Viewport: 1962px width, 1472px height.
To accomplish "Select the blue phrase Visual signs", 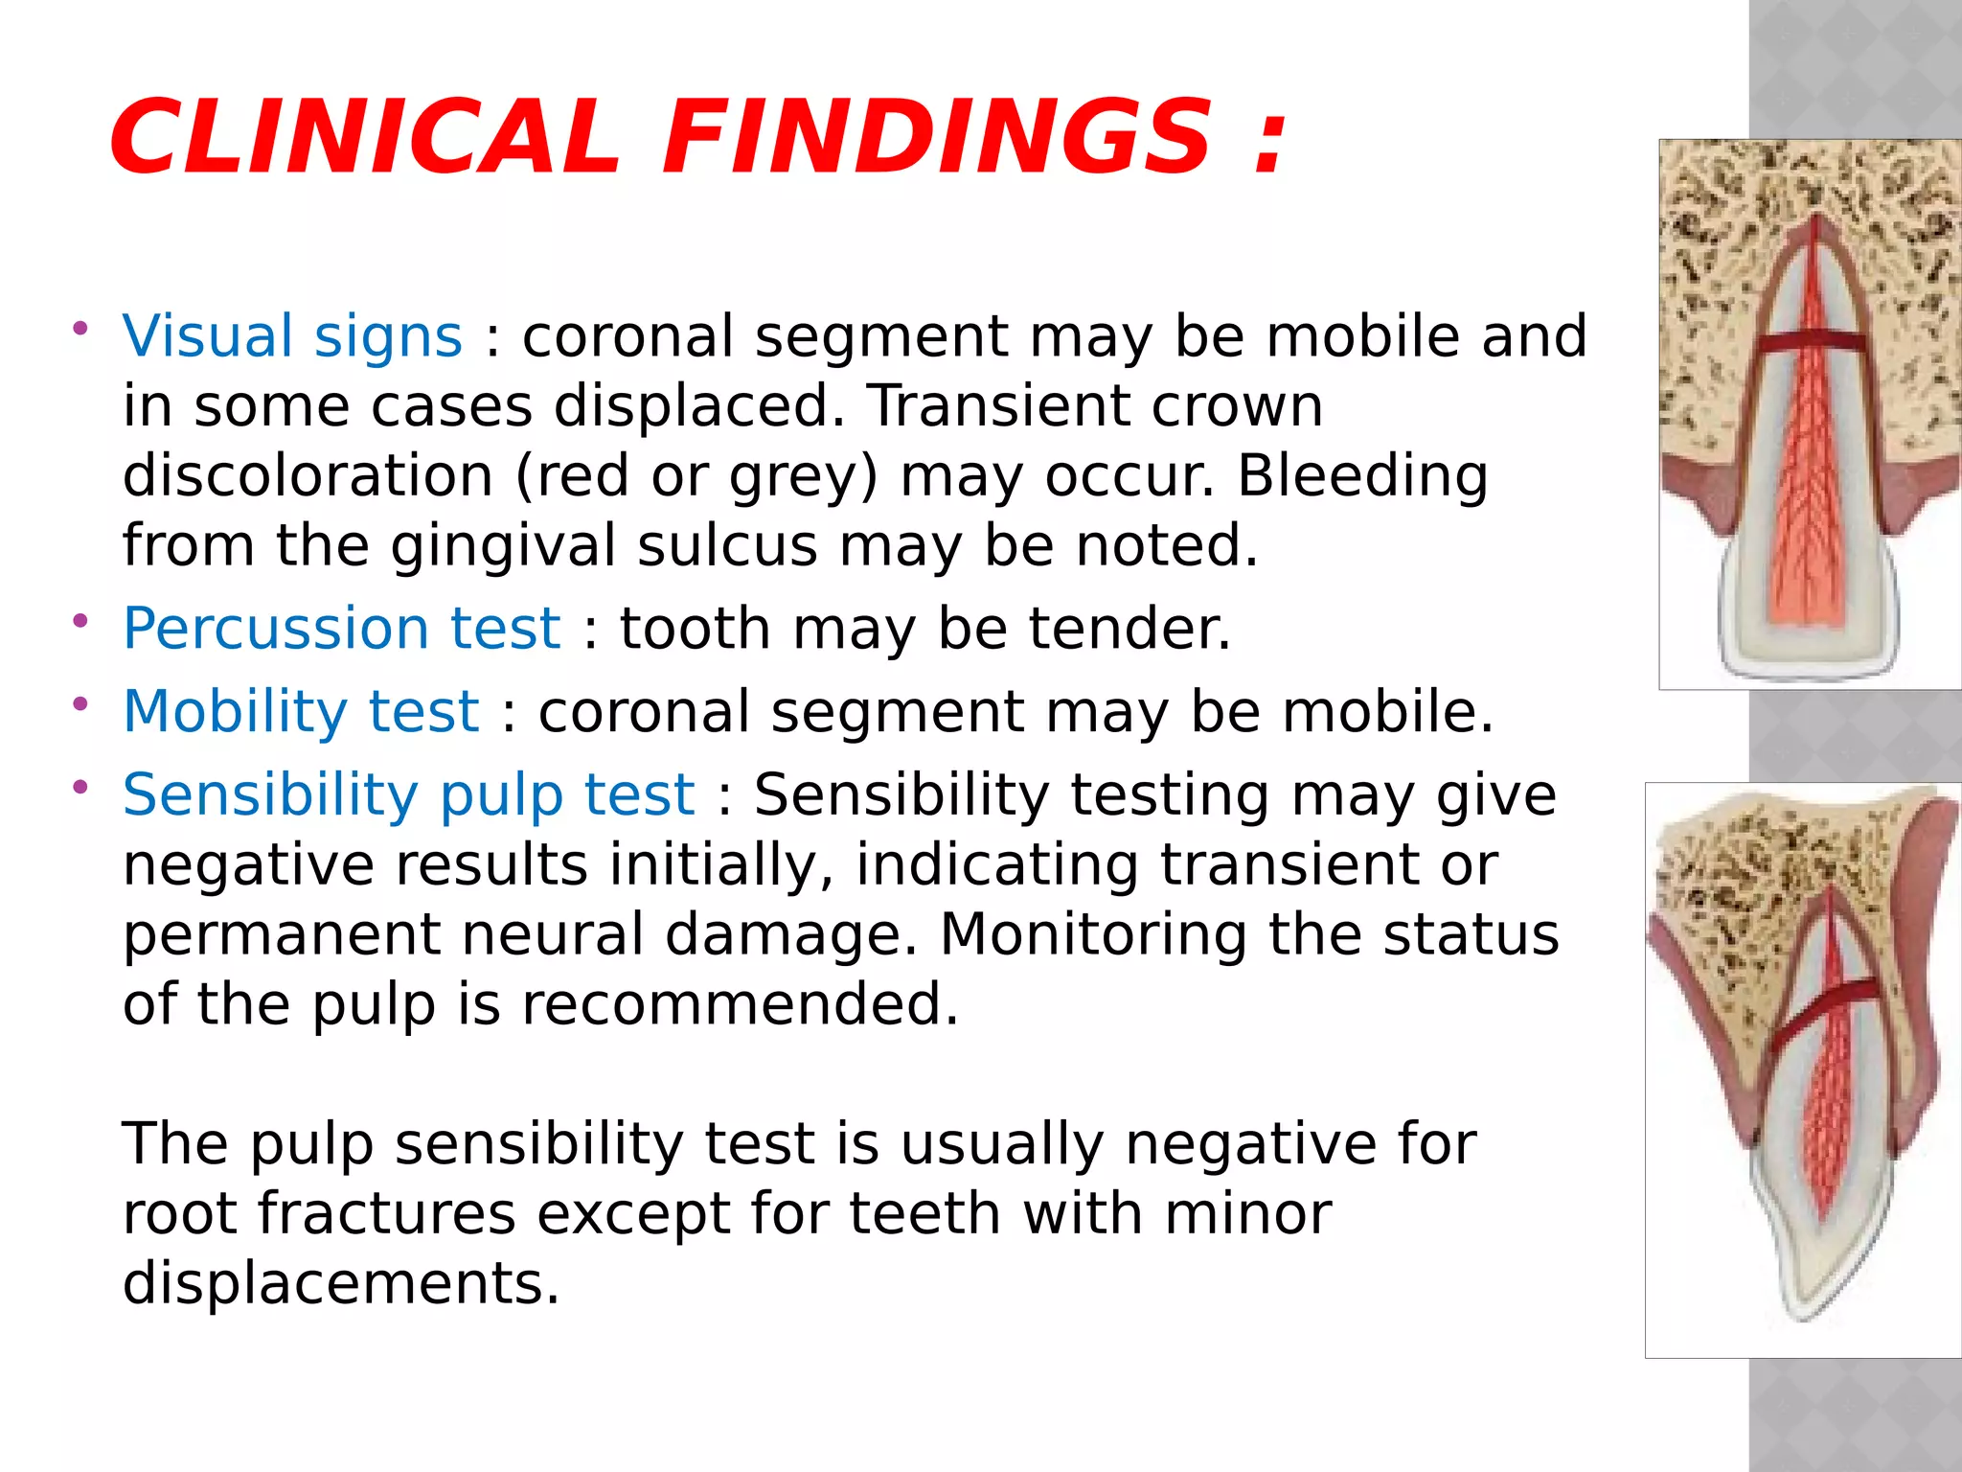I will (292, 336).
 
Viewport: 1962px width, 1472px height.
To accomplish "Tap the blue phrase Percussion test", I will (341, 629).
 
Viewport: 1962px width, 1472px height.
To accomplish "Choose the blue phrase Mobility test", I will (301, 711).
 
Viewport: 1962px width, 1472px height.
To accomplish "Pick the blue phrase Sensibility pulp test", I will (408, 794).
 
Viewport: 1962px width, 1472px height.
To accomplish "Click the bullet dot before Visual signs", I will (80, 329).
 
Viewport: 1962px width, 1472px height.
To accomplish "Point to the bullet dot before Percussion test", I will (80, 621).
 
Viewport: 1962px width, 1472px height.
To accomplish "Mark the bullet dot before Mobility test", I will (80, 704).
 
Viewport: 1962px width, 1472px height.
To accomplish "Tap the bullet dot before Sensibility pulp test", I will (80, 787).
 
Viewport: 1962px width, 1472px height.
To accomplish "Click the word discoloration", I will (308, 475).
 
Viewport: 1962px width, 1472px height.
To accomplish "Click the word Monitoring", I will (1093, 934).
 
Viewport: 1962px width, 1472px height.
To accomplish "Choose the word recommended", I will (739, 1004).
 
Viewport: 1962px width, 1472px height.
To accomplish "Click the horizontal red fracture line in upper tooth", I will (1810, 342).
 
